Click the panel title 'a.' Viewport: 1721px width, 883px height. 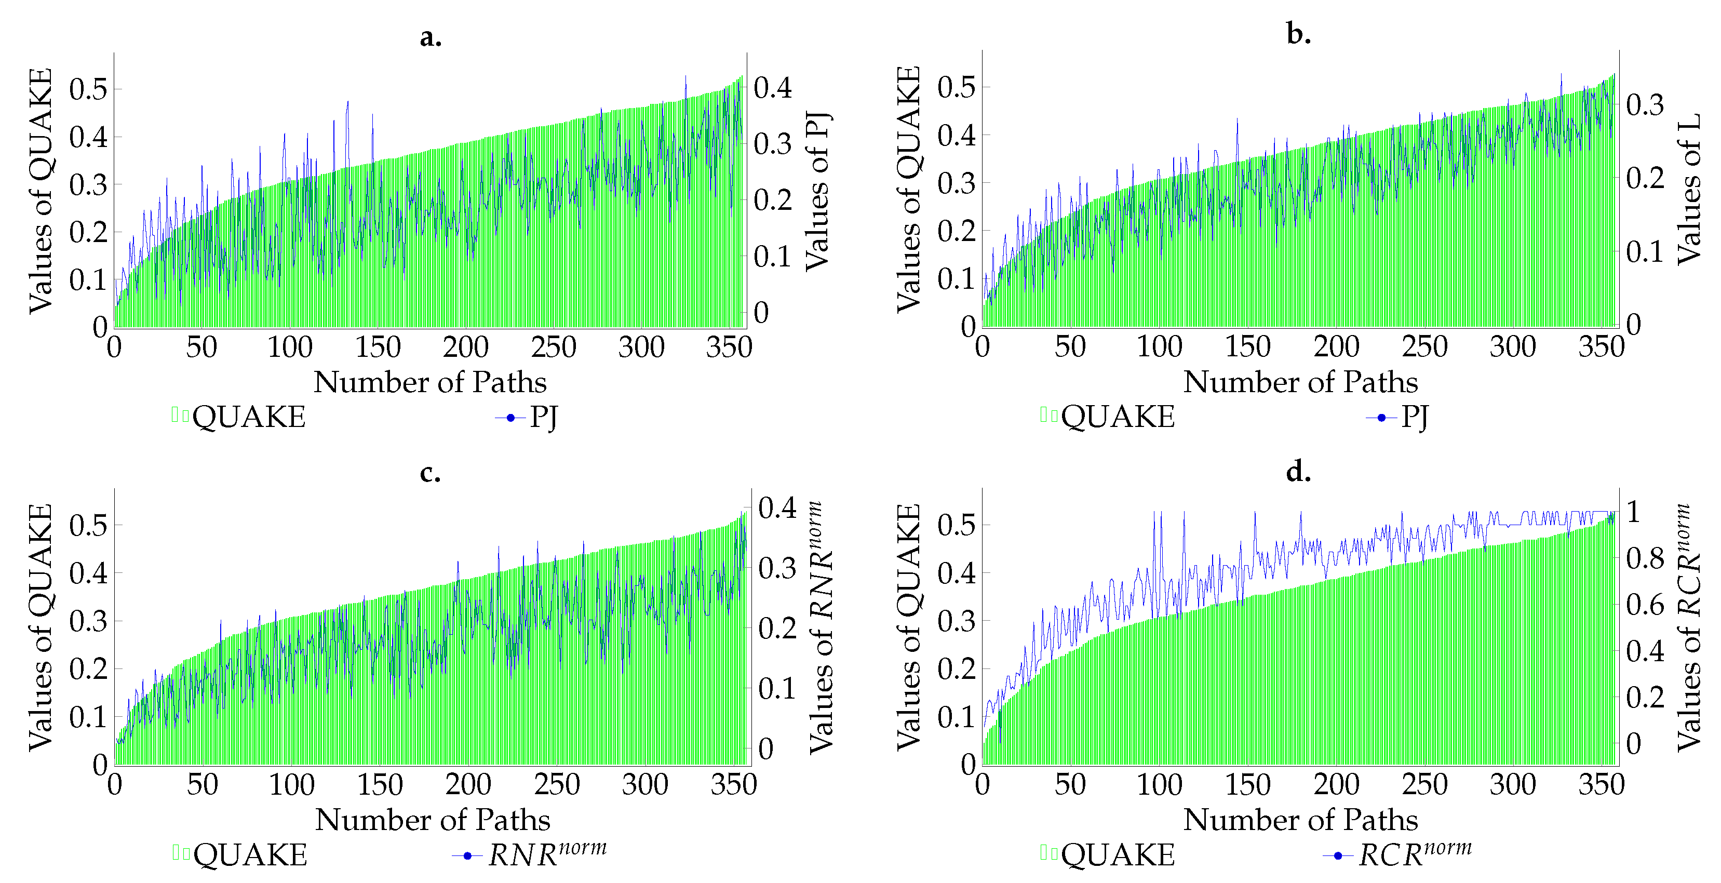430,38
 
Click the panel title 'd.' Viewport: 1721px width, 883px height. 1298,473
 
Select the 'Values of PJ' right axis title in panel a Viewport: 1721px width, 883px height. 816,192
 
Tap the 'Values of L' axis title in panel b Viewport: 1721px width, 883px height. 1689,189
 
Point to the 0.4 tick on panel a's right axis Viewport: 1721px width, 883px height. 773,88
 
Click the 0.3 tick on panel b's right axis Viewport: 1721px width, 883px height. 1645,105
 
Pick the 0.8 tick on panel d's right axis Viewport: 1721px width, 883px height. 1645,558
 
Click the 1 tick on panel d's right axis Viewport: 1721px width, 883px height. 1633,512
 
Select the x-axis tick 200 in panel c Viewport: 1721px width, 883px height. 468,785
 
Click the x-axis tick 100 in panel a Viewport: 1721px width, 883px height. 289,347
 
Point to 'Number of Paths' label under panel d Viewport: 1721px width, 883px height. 1300,820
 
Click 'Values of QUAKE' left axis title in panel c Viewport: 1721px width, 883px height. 40,627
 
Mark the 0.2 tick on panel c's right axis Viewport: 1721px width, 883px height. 777,628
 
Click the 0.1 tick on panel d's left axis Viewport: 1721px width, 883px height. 956,717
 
